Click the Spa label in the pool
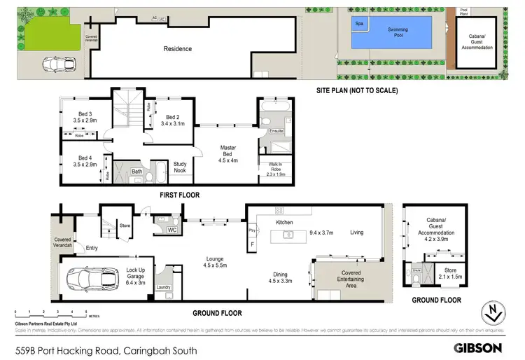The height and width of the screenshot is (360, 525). pos(360,24)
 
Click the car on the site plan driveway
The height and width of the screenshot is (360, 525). pos(58,63)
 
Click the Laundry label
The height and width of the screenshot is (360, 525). pos(164,287)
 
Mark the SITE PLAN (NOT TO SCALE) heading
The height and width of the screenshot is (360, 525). pos(357,90)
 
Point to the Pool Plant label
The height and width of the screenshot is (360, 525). pos(463,12)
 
